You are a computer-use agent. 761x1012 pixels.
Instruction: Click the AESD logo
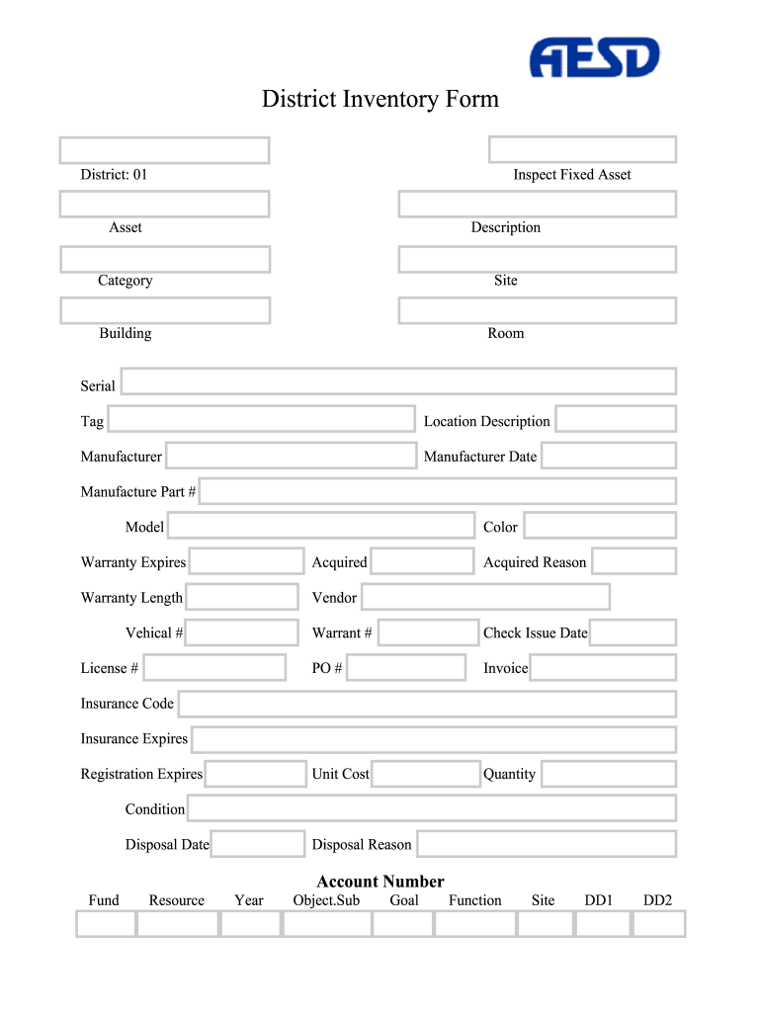pyautogui.click(x=594, y=58)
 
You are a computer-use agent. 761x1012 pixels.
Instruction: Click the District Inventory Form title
pyautogui.click(x=380, y=99)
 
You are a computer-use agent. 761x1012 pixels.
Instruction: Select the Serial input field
pyautogui.click(x=397, y=381)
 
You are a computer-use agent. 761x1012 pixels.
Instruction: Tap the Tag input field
pyautogui.click(x=261, y=419)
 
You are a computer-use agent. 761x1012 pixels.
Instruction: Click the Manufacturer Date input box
pyautogui.click(x=608, y=456)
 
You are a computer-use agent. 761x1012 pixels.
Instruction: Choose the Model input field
pyautogui.click(x=321, y=526)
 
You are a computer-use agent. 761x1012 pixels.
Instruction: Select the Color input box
pyautogui.click(x=599, y=526)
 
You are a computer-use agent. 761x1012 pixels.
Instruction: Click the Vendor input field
pyautogui.click(x=485, y=597)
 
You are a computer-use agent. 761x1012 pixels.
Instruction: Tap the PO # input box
pyautogui.click(x=406, y=667)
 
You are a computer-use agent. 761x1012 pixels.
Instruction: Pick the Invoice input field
pyautogui.click(x=603, y=667)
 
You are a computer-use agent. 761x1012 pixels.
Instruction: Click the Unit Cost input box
pyautogui.click(x=426, y=774)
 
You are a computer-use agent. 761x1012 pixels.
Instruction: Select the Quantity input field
pyautogui.click(x=608, y=774)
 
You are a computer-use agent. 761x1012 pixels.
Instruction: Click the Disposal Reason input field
pyautogui.click(x=546, y=844)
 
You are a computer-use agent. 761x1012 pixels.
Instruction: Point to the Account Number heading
pyautogui.click(x=380, y=882)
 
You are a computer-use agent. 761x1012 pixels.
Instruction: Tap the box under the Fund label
pyautogui.click(x=106, y=924)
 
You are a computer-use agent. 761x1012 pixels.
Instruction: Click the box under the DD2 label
pyautogui.click(x=658, y=924)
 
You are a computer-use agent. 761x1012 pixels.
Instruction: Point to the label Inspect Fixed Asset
pyautogui.click(x=572, y=175)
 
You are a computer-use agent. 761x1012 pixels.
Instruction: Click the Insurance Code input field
pyautogui.click(x=427, y=704)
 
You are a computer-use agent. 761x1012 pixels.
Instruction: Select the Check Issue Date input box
pyautogui.click(x=633, y=632)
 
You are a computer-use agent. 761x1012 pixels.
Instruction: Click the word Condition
pyautogui.click(x=155, y=809)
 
